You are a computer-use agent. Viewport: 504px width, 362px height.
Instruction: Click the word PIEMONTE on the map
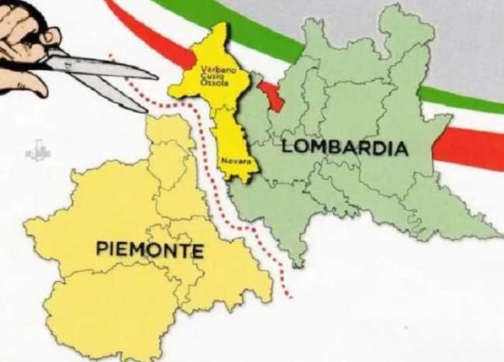tap(150, 250)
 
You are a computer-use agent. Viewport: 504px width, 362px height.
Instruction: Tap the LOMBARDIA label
tap(344, 147)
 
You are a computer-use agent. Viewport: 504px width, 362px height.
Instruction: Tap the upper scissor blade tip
tap(156, 75)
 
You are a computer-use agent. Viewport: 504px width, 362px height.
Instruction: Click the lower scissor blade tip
tap(145, 109)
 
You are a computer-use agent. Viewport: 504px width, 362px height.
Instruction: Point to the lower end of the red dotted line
tap(289, 296)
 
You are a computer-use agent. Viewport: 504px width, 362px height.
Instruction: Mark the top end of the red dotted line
tap(111, 55)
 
